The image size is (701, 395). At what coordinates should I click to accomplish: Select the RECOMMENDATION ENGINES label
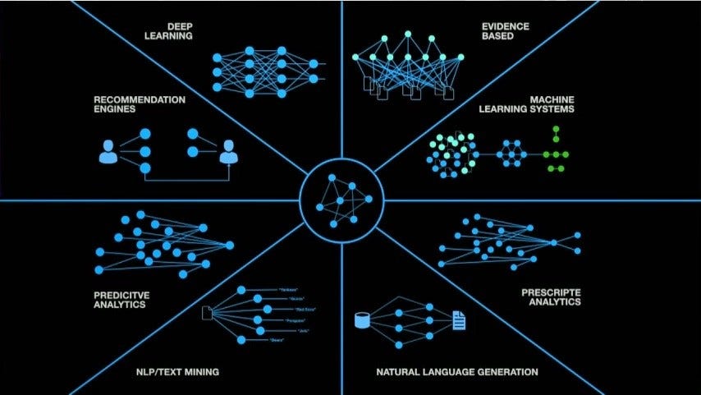127,104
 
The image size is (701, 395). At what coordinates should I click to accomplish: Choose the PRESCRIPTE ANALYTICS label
551,296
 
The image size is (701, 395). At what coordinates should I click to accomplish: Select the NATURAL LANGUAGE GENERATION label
457,372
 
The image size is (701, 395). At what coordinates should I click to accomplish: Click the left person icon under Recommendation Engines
108,151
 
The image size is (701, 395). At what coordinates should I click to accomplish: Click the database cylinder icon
360,319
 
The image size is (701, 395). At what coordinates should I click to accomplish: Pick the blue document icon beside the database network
459,319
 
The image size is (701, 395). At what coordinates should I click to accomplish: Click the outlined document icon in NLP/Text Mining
207,313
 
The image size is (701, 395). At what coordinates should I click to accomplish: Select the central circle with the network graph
341,197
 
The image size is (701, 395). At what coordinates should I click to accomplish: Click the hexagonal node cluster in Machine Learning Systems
513,153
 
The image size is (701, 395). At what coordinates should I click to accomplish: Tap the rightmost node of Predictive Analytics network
230,245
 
